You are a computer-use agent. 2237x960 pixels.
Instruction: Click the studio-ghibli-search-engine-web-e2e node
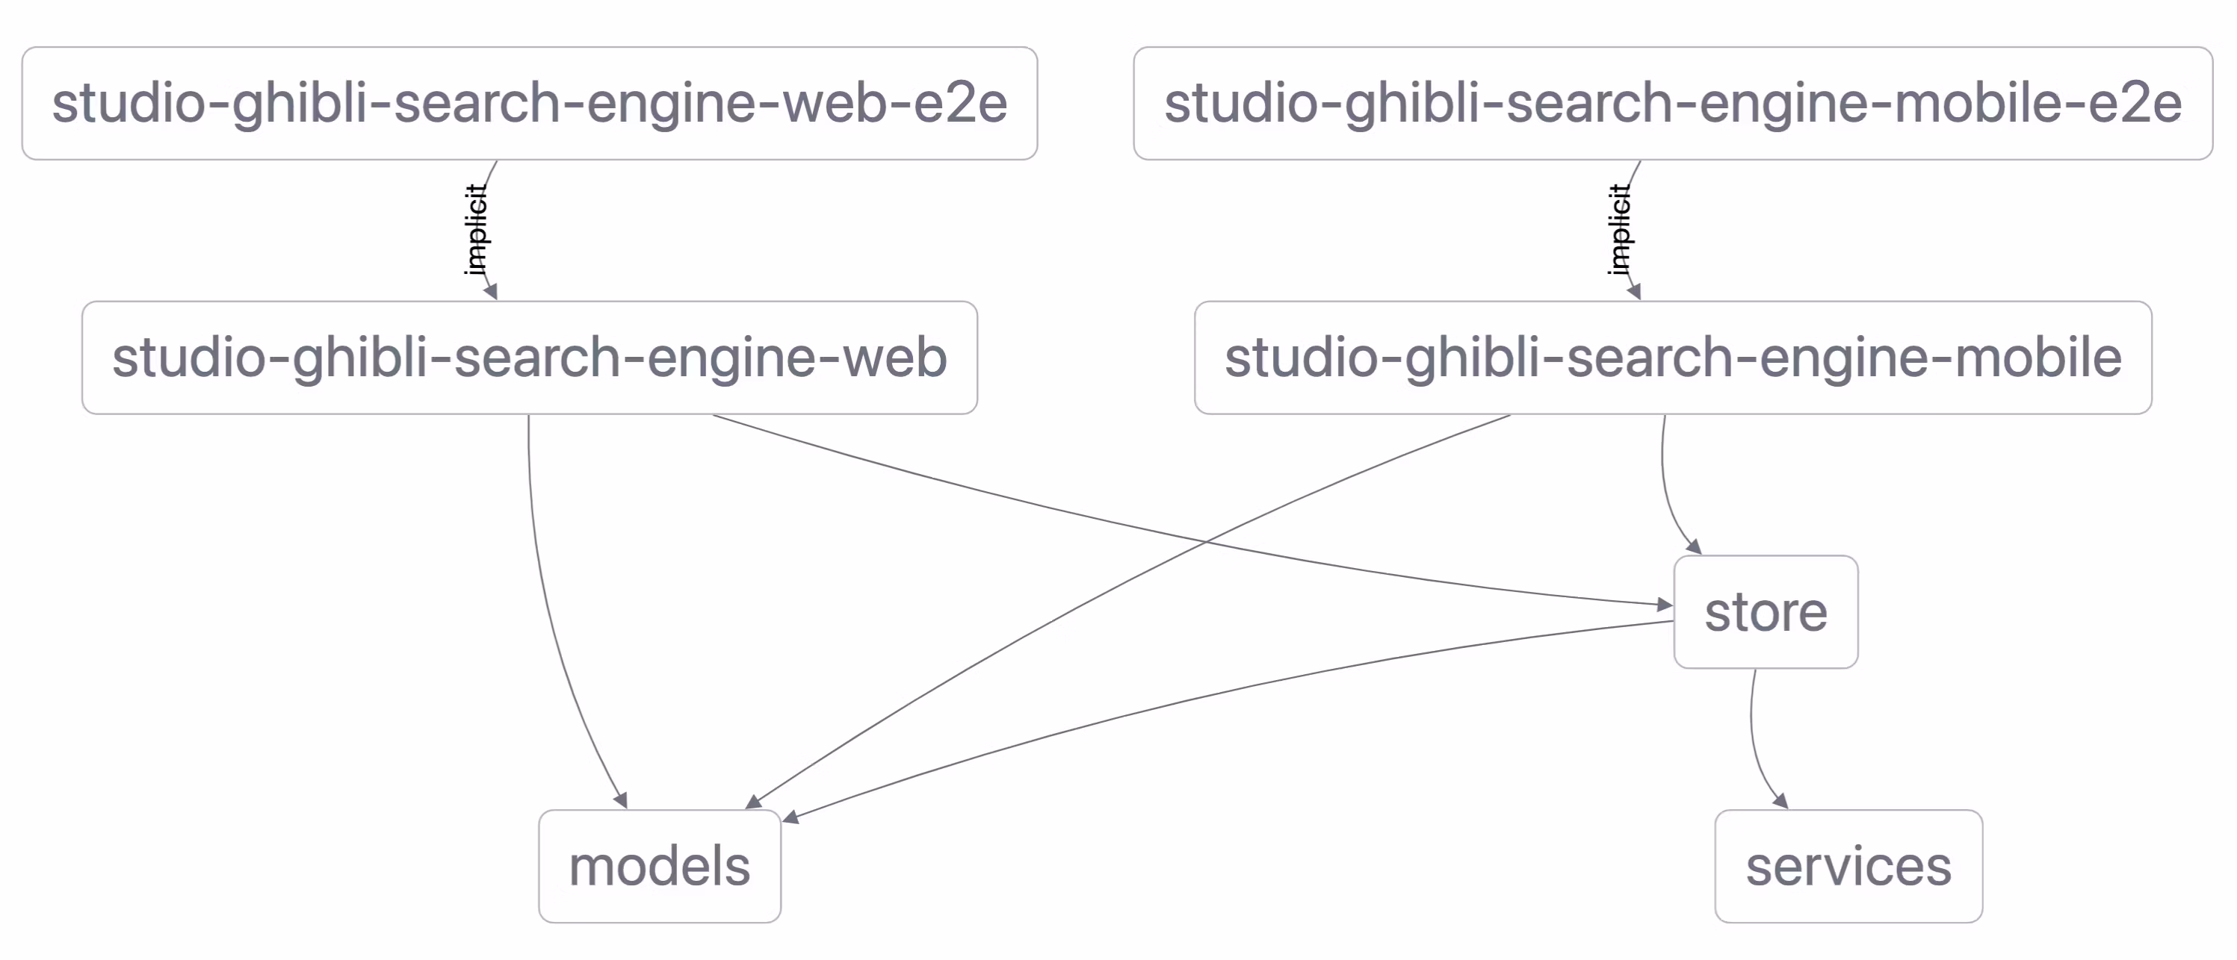[529, 103]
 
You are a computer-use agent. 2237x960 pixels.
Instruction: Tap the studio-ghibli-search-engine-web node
[529, 358]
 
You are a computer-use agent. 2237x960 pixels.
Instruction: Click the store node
[1765, 612]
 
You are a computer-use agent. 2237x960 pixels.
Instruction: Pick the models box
[659, 866]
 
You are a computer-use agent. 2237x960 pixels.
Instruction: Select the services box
[1848, 866]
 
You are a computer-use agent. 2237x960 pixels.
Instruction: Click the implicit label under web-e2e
[476, 230]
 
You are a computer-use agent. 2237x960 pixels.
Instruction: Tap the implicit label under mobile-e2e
[1618, 230]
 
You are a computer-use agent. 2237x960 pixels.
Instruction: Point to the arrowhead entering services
[1780, 801]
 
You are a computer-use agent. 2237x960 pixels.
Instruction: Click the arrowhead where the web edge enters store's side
[1665, 604]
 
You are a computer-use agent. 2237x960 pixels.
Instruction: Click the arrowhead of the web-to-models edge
[621, 800]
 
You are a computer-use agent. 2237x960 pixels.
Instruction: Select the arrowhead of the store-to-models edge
[790, 817]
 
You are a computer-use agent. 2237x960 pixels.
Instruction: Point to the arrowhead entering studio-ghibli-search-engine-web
[492, 293]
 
